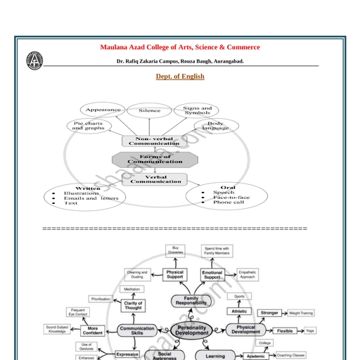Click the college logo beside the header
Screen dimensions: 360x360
[34, 61]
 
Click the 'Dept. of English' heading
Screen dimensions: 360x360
[180, 77]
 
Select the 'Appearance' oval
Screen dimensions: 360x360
[103, 110]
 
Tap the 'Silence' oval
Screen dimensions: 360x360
[149, 110]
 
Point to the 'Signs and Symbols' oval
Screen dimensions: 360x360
[197, 110]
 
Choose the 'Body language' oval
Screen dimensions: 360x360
[216, 126]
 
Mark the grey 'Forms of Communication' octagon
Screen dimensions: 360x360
[155, 159]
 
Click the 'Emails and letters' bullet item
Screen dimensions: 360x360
[91, 198]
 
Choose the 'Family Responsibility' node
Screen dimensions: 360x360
[191, 302]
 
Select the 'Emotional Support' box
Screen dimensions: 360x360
[212, 274]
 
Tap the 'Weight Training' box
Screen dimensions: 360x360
[301, 312]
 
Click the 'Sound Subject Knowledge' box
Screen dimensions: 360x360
[58, 328]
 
